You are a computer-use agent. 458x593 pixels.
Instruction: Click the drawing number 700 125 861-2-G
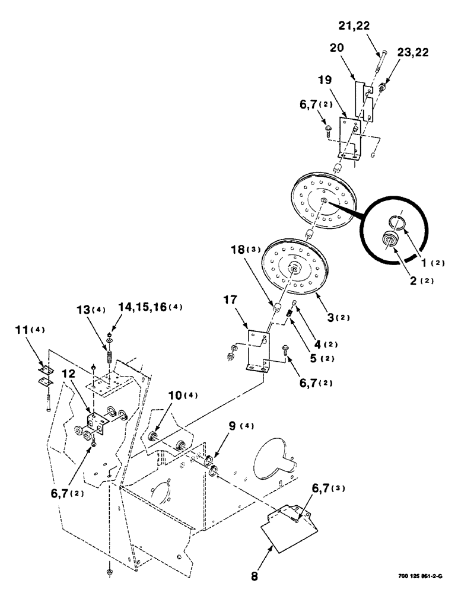[x=422, y=575]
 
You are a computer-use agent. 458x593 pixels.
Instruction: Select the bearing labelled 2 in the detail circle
[x=390, y=241]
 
